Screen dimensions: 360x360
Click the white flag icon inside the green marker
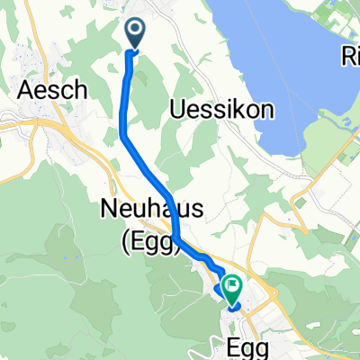click(x=233, y=287)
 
